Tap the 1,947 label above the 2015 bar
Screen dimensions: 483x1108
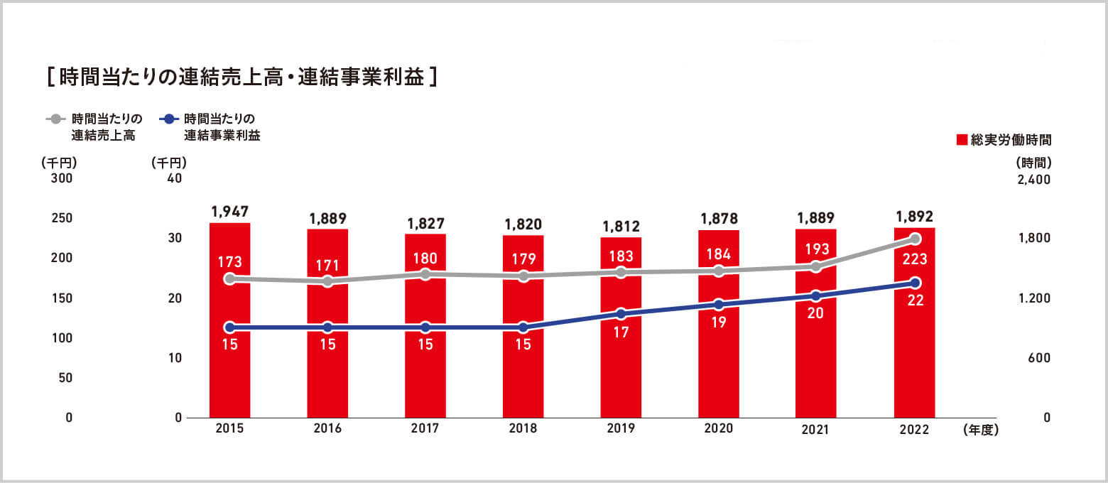229,211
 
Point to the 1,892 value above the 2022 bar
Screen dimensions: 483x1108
914,216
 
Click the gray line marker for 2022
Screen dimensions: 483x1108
915,239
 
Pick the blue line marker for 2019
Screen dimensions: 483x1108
621,314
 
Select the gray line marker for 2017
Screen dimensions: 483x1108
425,274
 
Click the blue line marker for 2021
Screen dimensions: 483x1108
816,296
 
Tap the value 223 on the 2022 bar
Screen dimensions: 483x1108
915,259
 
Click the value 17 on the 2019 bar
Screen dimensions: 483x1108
621,332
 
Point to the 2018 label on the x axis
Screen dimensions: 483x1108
523,429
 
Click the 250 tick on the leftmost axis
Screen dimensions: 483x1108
62,218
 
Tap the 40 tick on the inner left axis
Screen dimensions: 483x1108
174,178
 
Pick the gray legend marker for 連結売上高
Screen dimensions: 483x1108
55,119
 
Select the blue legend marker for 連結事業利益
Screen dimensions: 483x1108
168,119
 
